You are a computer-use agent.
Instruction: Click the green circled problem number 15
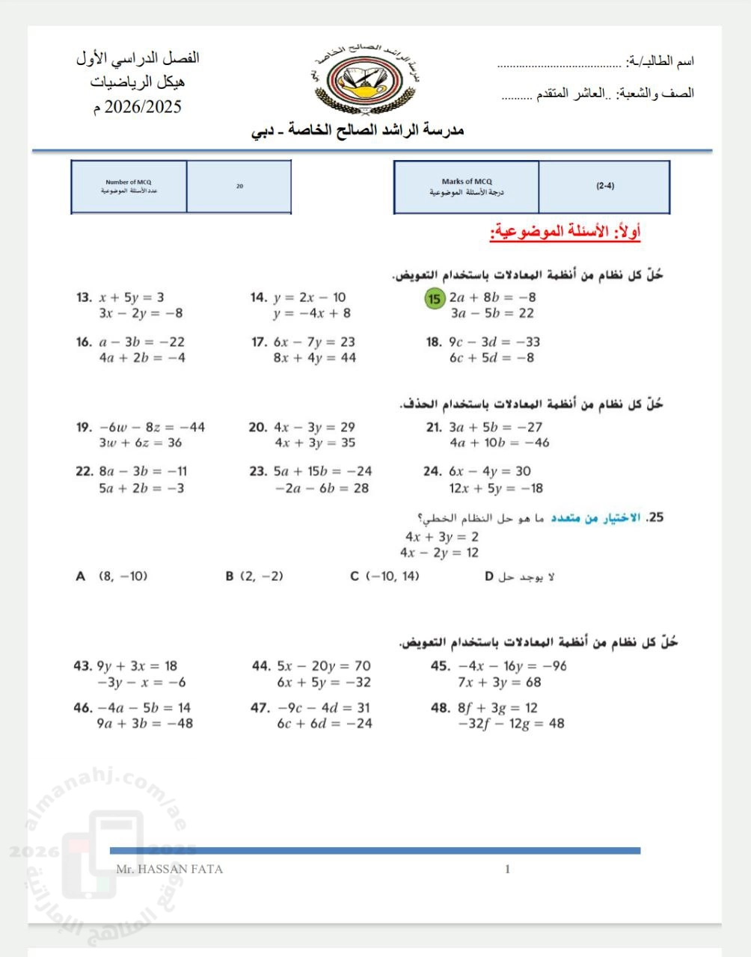[435, 298]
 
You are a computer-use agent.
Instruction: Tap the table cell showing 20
[239, 186]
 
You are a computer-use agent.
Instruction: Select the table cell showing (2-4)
[604, 186]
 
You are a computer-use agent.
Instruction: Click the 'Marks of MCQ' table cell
[467, 186]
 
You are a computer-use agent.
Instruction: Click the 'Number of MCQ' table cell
[129, 186]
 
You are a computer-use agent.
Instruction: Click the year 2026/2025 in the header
[143, 107]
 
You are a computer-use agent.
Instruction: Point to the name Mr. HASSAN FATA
[170, 869]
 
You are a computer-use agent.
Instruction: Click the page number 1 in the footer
[508, 869]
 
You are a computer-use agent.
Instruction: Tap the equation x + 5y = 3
[132, 298]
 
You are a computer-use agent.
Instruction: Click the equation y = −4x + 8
[311, 313]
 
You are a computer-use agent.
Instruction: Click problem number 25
[655, 517]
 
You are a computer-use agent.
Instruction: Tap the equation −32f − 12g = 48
[511, 724]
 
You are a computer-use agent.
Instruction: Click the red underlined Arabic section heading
[565, 233]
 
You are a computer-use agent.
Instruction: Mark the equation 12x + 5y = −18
[496, 488]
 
